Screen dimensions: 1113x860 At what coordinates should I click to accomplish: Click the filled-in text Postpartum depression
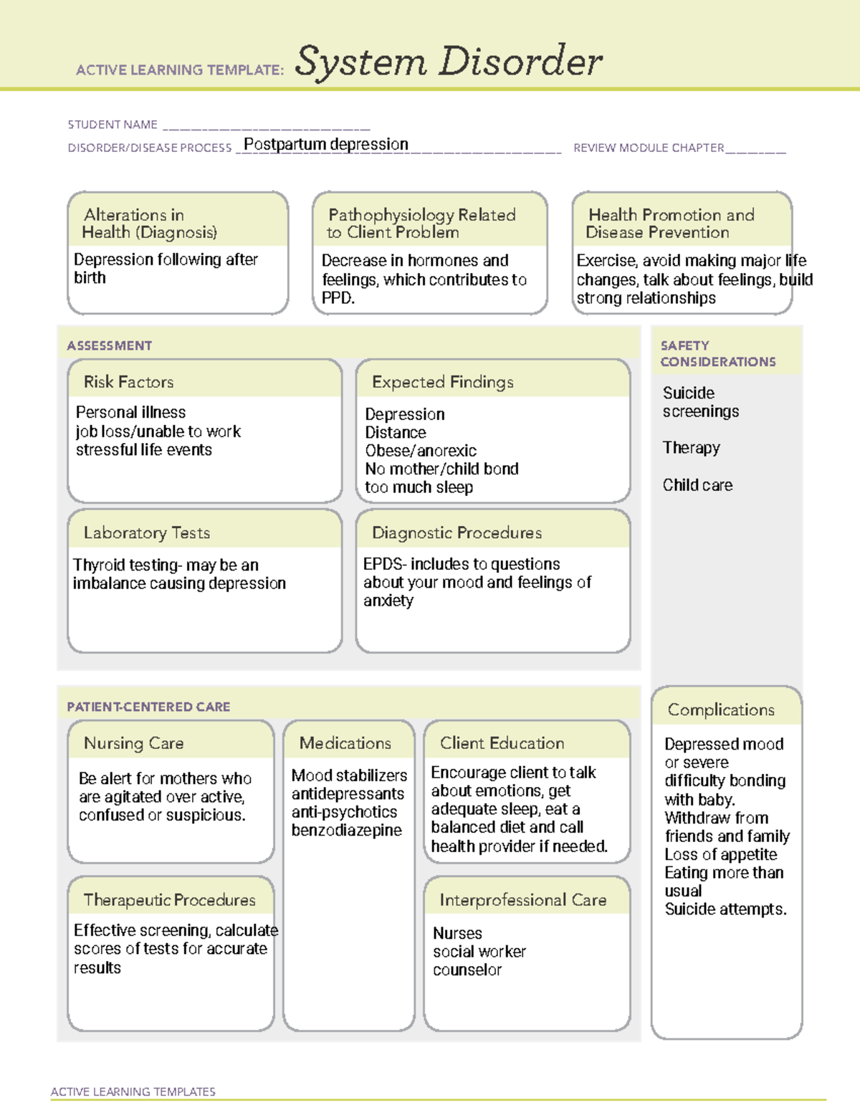tap(326, 145)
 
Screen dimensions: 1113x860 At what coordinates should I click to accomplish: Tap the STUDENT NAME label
tap(113, 125)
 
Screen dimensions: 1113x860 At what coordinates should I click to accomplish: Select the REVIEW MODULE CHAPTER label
tap(649, 148)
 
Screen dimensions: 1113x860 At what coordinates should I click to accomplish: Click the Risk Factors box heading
tap(129, 382)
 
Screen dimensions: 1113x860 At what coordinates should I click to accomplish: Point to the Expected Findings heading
tap(442, 382)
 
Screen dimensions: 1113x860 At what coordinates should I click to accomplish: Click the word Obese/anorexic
tap(421, 451)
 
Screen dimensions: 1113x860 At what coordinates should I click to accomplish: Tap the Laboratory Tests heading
tap(147, 532)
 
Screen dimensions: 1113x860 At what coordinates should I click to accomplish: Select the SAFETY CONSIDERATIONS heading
tap(717, 354)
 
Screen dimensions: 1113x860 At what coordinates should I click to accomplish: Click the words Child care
tap(697, 485)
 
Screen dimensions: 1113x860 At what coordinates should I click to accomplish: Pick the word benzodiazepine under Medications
tap(346, 831)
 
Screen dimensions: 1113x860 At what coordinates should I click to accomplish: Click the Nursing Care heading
tap(133, 743)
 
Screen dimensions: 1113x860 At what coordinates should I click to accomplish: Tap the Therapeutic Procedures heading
tap(169, 899)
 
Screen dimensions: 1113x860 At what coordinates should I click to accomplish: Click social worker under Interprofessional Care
tap(479, 952)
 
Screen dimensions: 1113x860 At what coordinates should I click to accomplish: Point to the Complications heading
tap(721, 710)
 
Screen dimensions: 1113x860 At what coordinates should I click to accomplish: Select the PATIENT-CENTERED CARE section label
tap(148, 707)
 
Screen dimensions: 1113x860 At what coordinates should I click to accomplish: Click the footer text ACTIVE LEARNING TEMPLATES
tap(133, 1091)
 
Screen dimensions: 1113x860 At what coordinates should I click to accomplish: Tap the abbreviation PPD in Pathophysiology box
tap(336, 298)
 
